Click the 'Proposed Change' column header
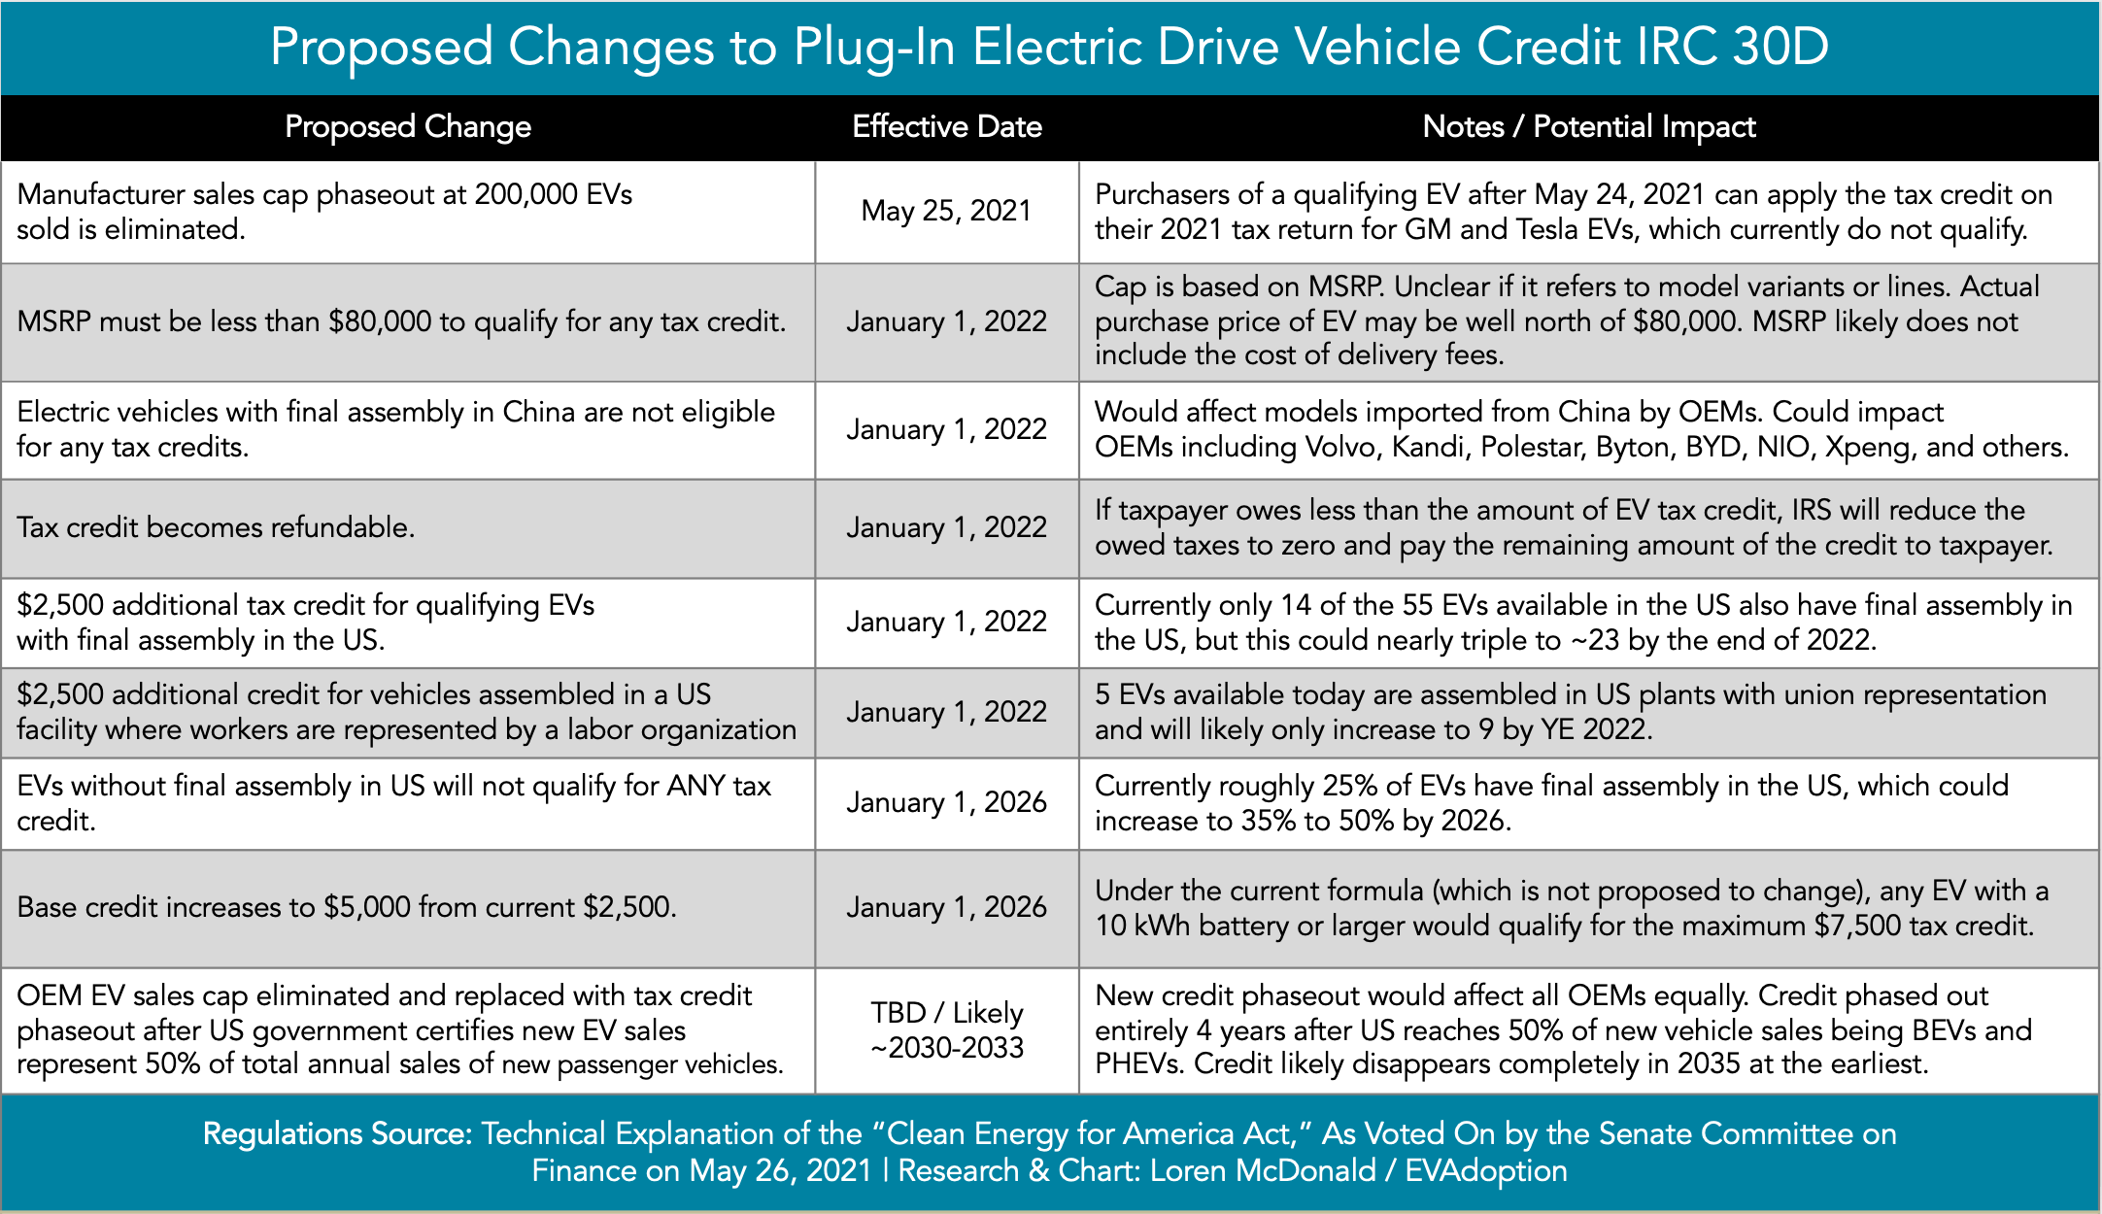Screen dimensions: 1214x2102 coord(408,127)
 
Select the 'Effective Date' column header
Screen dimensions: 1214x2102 coord(947,127)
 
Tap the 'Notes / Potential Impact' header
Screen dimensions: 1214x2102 coord(1589,127)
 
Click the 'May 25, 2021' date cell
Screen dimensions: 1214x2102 coord(946,211)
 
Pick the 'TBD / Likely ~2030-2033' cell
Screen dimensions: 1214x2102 coord(947,1030)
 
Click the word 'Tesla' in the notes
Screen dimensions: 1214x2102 coord(1525,230)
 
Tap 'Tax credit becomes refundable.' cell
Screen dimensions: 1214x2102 coord(216,527)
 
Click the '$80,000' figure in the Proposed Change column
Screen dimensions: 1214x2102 coord(380,322)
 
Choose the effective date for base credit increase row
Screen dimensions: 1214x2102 coord(946,907)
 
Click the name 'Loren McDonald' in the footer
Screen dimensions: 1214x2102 coord(1263,1171)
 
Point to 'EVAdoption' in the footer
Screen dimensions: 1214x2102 coord(1486,1171)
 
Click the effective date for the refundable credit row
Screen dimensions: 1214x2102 coord(946,527)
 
